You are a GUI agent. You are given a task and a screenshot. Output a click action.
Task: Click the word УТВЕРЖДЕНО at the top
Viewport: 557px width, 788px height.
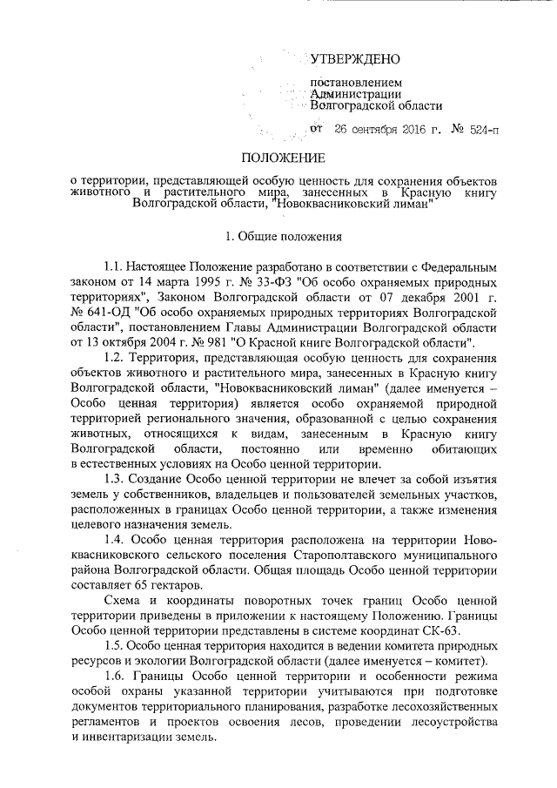pyautogui.click(x=355, y=60)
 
